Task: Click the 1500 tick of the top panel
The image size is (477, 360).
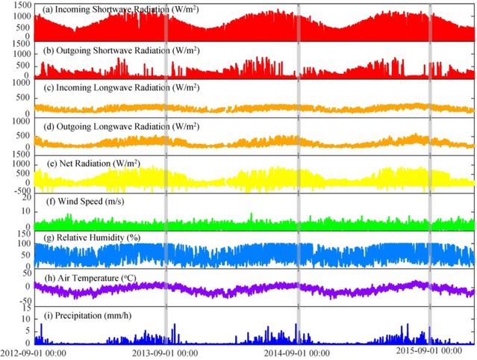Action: coord(21,5)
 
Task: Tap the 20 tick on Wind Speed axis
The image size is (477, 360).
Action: coord(26,197)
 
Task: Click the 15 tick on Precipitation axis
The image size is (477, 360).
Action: coord(26,309)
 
